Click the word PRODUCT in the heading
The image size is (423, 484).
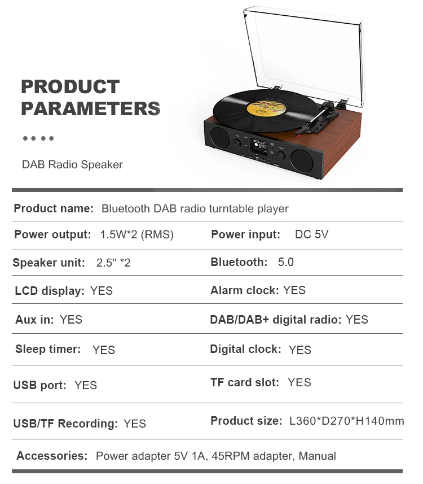coord(70,86)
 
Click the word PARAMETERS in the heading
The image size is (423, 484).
coord(91,108)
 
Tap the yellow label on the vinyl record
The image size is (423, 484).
coord(266,107)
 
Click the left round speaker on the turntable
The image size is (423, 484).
coord(219,137)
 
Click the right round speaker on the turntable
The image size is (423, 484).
coord(302,160)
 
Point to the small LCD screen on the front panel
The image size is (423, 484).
coord(259,147)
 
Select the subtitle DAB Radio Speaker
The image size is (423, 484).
coord(72,164)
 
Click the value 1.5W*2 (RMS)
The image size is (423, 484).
coord(137,234)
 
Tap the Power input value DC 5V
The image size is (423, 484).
coord(312,234)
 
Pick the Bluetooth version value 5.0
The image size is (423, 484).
coord(286,262)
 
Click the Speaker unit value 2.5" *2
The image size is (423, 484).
coord(113,263)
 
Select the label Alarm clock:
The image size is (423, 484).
coord(244,290)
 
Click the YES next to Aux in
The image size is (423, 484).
coord(71,320)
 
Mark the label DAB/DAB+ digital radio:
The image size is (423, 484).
coord(276,320)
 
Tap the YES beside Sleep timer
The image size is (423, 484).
coord(104,350)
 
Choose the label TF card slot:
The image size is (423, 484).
coord(245,382)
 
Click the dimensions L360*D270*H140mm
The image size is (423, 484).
coord(346,421)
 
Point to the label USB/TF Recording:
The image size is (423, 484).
coord(65,424)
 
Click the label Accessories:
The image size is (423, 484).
coord(52,456)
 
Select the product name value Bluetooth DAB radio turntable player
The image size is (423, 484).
coord(195,208)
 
